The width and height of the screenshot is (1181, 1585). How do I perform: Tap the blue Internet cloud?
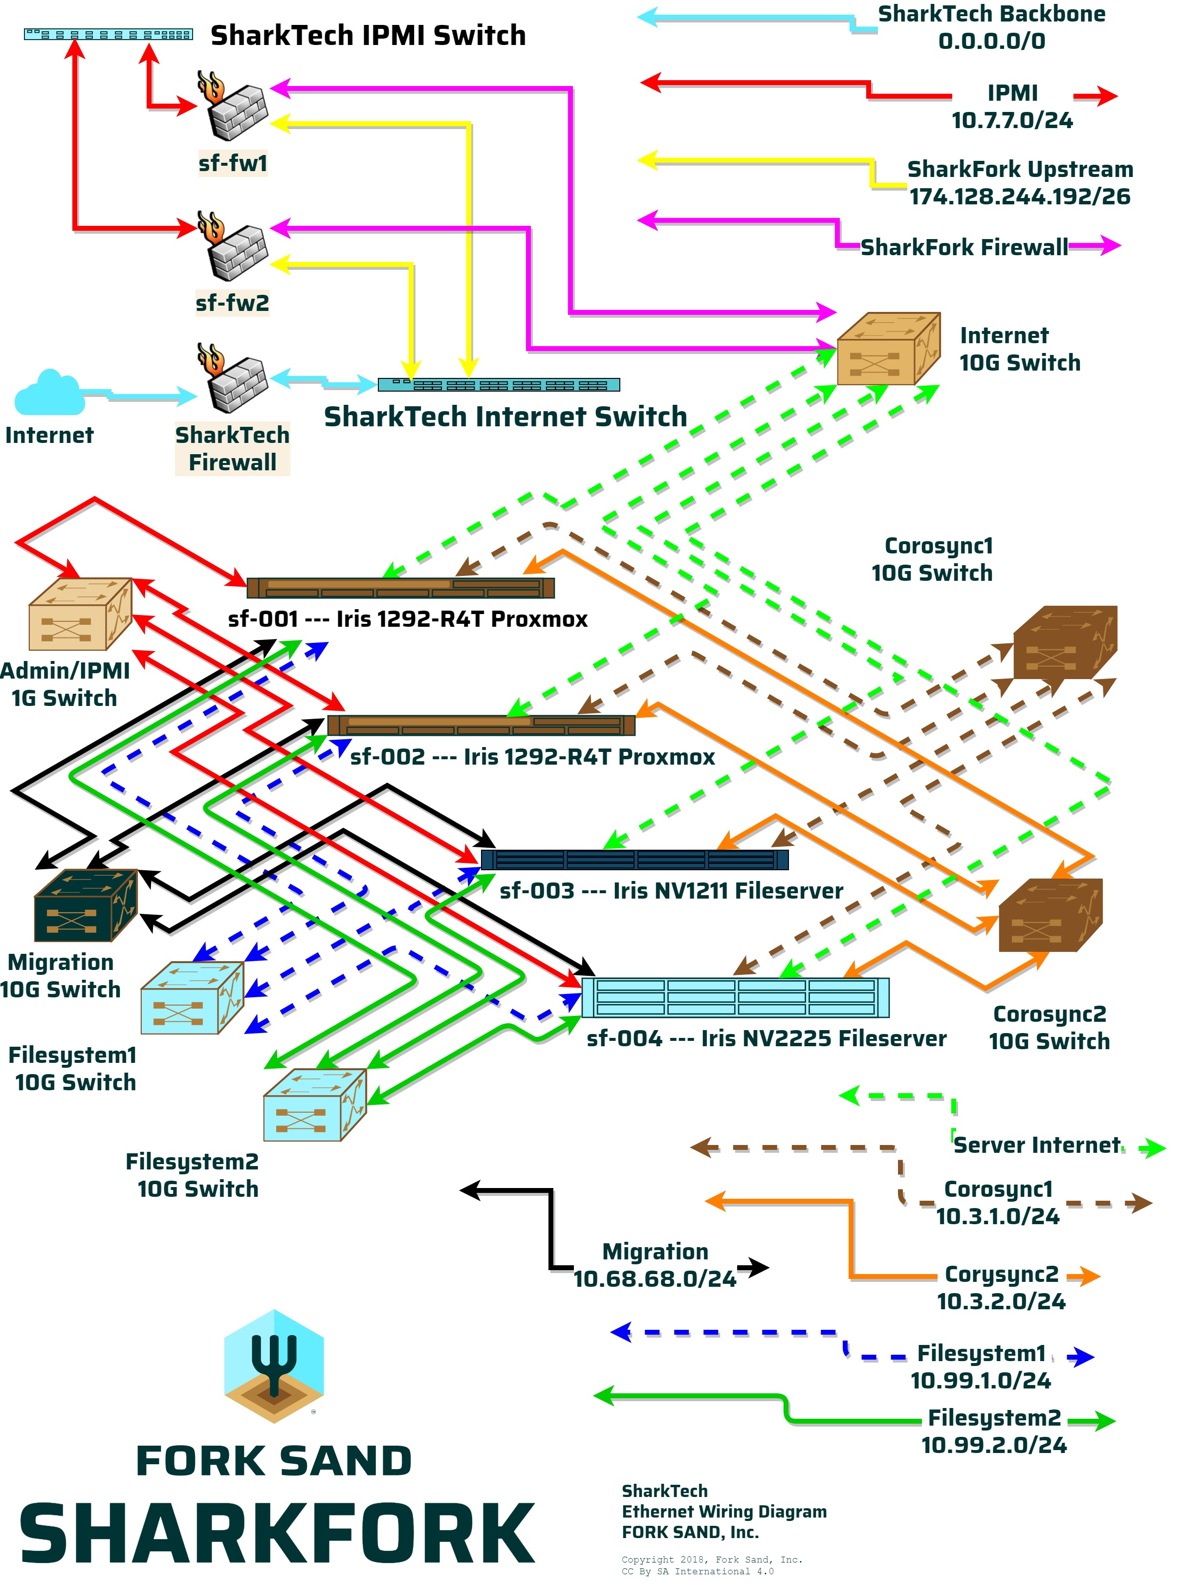click(48, 393)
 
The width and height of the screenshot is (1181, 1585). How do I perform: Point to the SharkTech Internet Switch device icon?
click(498, 385)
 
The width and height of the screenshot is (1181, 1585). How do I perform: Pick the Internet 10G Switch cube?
click(887, 349)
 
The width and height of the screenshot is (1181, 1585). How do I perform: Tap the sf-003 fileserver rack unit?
click(635, 859)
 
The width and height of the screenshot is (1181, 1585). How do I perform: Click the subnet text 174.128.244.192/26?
click(1019, 197)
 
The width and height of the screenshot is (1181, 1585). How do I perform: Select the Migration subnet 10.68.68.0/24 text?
click(655, 1279)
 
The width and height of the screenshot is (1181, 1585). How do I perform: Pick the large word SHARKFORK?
click(277, 1534)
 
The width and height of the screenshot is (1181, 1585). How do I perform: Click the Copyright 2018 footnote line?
click(711, 1559)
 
